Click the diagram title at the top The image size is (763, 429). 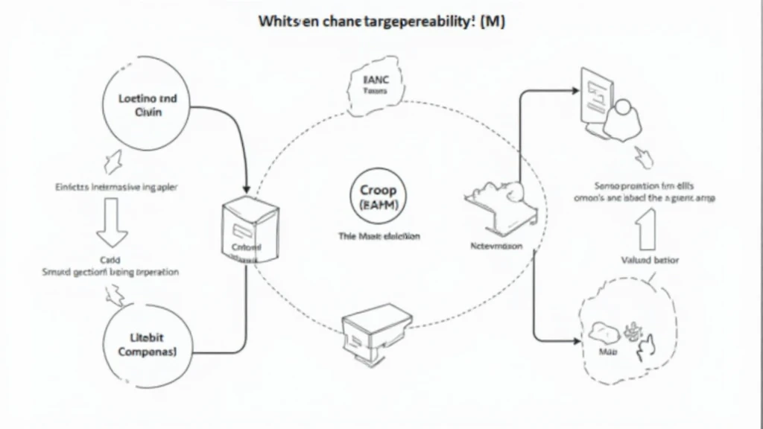[381, 22]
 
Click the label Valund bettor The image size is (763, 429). [645, 260]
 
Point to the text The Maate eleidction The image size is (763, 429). [379, 236]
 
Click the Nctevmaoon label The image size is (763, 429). [497, 245]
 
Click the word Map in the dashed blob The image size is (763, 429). [609, 348]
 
